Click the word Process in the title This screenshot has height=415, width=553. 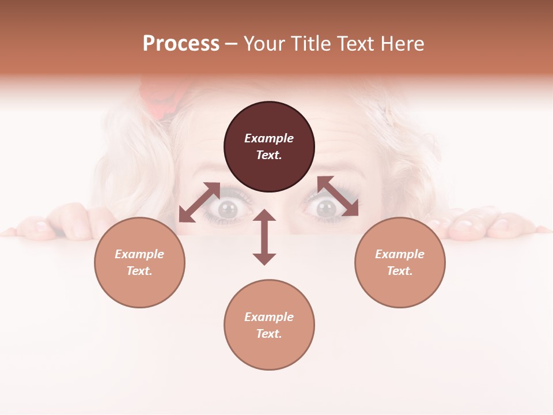point(181,44)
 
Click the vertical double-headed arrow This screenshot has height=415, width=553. point(264,237)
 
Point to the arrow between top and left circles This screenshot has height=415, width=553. point(199,202)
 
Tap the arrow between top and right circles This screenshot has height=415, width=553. point(338,196)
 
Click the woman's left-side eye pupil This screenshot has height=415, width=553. point(228,209)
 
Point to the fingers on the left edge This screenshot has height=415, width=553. point(63,222)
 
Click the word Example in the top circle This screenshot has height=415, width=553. point(269,138)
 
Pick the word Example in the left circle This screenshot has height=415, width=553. point(139,254)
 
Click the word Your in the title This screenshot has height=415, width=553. point(263,44)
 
